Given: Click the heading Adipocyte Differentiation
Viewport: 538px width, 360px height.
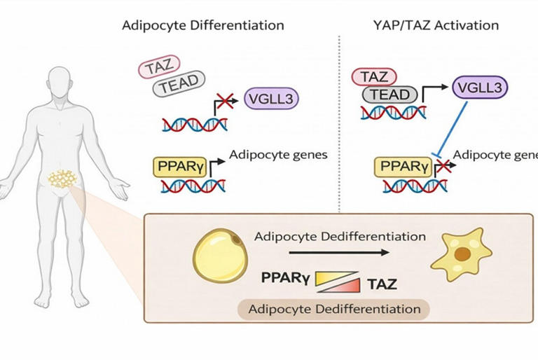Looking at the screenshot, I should [x=203, y=25].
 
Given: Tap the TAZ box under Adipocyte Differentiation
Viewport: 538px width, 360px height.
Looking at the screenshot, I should [x=158, y=69].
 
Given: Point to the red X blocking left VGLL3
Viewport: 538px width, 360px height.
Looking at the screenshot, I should [x=226, y=103].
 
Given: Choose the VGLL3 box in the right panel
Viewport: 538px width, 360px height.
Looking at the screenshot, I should [x=479, y=88].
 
